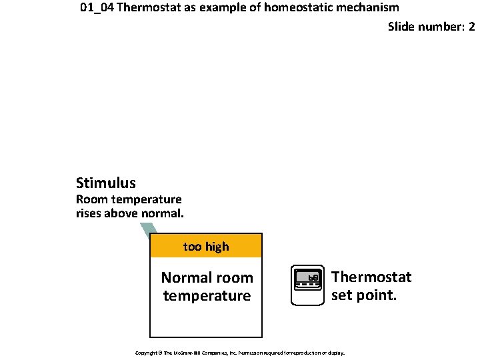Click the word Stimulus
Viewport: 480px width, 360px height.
(105, 183)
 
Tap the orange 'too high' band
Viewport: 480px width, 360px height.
(206, 246)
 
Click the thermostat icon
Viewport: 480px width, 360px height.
(308, 285)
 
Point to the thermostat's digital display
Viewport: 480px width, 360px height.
(308, 277)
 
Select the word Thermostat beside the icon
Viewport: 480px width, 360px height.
(371, 277)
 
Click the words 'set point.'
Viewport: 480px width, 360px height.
(364, 295)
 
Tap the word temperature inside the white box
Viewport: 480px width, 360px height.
(207, 295)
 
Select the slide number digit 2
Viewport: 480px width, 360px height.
(471, 27)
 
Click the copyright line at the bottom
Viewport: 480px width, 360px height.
(239, 352)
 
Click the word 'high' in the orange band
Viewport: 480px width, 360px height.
(217, 246)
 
